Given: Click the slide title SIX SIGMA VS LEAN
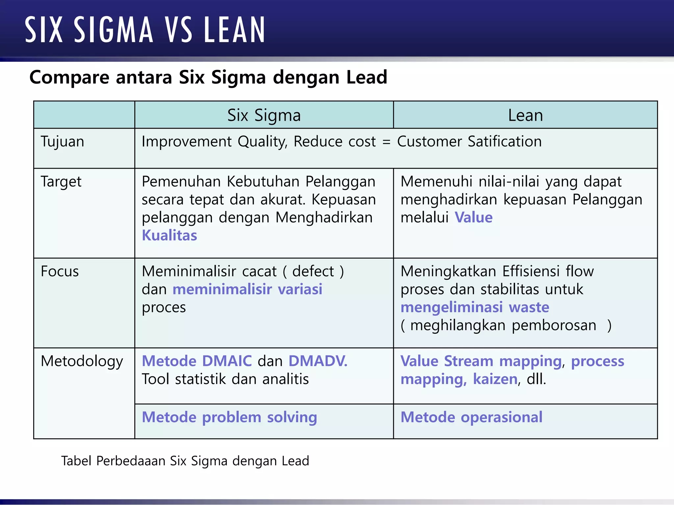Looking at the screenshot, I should click(x=145, y=30).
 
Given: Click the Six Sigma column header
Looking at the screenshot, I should click(x=264, y=115).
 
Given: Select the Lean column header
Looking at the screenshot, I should click(x=525, y=115).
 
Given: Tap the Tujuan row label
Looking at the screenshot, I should click(x=63, y=142).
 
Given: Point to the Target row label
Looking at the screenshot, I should click(x=61, y=182).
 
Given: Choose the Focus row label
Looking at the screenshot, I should click(x=60, y=272).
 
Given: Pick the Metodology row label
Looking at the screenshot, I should click(x=82, y=361).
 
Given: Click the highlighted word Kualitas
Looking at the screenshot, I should click(x=169, y=235).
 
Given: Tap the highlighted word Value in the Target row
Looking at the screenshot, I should click(x=474, y=218).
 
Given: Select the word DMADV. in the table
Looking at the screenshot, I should click(x=318, y=361).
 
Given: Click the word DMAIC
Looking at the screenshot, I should click(x=227, y=361).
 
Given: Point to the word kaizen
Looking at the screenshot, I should click(x=495, y=379).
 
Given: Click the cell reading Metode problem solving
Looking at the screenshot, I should click(x=229, y=417).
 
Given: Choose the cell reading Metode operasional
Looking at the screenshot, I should click(x=471, y=417).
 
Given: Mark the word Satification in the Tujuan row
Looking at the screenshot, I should click(x=505, y=142).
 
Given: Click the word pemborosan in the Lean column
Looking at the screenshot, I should click(x=554, y=325).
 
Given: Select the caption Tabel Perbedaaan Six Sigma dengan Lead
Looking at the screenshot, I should click(x=185, y=461).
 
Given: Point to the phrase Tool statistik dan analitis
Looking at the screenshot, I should click(x=225, y=379).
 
